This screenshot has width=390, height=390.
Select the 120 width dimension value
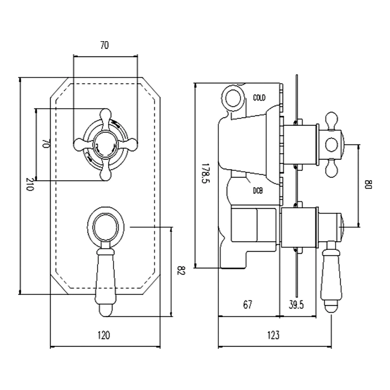click(104, 335)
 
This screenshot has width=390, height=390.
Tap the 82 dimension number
click(181, 271)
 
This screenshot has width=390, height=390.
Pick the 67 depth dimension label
click(247, 305)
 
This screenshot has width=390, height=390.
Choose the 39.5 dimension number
click(296, 305)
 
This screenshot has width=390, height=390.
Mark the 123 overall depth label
click(273, 335)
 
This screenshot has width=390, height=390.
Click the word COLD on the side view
click(259, 97)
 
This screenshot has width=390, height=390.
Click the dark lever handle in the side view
click(331, 274)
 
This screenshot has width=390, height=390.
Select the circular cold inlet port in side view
click(233, 96)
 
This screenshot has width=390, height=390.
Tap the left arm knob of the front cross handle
click(80, 145)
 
